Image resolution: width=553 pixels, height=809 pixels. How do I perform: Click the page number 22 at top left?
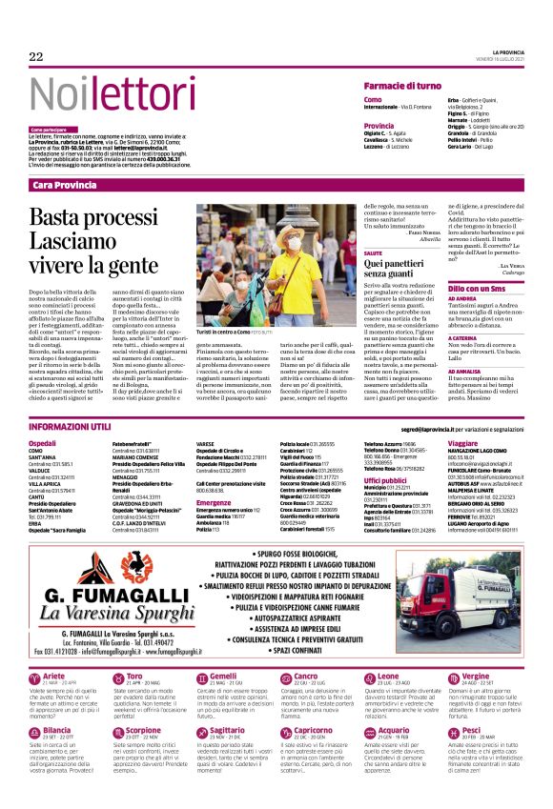35,57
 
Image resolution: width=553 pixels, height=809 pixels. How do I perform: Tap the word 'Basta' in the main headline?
63,217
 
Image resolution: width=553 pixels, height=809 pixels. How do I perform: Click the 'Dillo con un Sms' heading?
477,286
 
